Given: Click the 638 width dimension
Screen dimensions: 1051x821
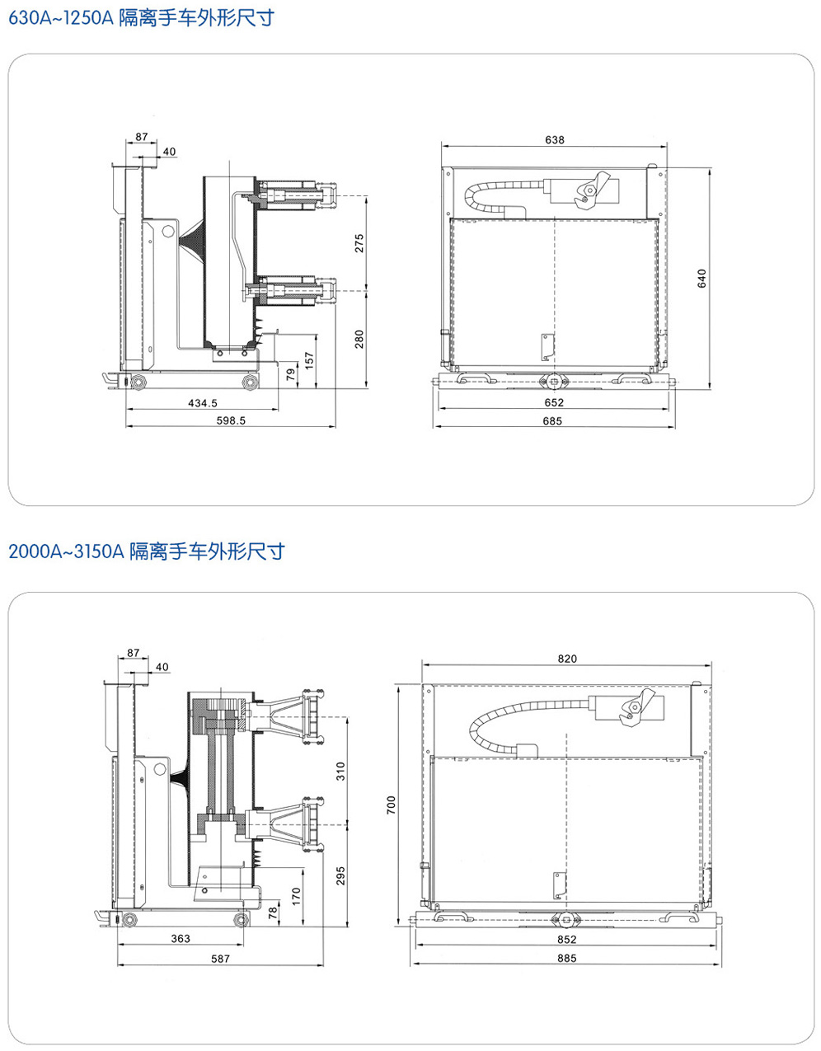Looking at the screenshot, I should (555, 140).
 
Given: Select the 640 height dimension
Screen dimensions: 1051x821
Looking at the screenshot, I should (702, 279).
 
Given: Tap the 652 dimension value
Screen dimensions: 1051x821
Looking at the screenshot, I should (554, 402).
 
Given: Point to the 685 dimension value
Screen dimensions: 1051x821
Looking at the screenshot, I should (552, 420).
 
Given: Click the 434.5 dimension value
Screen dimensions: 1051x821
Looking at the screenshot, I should (203, 403).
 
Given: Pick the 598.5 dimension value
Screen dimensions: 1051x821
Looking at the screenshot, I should (231, 420).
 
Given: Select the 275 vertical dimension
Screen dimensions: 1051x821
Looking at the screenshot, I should (359, 244).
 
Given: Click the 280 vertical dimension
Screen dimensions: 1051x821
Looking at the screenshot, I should (359, 339).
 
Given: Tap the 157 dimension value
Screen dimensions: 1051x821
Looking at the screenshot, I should (310, 360).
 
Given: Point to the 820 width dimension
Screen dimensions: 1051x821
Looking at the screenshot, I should (567, 659).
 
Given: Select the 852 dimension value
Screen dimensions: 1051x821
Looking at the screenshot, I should (567, 939).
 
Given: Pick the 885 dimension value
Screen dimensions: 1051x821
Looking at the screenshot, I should (567, 958).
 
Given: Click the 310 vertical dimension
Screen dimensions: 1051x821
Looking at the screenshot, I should (341, 771).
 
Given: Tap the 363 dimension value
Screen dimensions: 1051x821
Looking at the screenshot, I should (181, 938).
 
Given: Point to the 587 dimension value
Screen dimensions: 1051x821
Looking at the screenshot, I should (220, 958).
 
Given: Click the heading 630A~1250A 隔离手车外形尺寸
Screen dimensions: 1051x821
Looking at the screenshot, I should (139, 18).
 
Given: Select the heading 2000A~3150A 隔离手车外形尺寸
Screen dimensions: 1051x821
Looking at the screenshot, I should (146, 551).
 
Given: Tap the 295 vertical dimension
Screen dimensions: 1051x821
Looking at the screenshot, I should (341, 875).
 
